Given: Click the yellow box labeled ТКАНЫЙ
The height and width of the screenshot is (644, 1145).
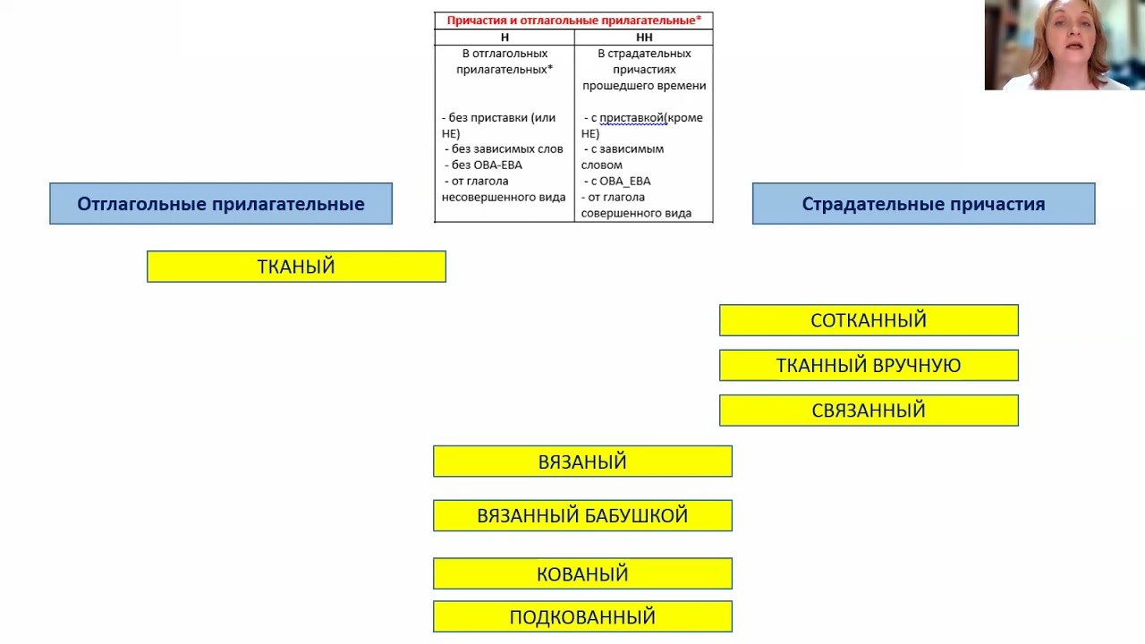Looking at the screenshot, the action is [296, 267].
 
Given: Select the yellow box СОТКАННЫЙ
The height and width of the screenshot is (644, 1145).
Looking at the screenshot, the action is [869, 320].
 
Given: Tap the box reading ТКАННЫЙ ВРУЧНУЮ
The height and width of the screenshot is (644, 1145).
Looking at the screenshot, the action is [869, 365].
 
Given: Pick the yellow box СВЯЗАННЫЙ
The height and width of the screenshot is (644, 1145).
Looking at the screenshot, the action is [869, 411].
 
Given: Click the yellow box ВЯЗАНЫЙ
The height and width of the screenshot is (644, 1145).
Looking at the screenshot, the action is [582, 462].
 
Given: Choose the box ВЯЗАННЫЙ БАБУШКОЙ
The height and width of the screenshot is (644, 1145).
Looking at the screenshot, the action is [582, 516].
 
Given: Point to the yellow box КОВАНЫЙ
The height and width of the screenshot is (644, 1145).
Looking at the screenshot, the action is [582, 574].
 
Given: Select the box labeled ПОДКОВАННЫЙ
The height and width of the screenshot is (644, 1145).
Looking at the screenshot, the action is [582, 617].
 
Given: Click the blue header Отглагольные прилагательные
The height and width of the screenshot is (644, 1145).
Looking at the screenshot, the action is [221, 204].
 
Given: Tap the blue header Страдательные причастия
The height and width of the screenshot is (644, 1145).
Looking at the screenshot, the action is [923, 204].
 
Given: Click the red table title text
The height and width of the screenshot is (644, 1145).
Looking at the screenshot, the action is [573, 21].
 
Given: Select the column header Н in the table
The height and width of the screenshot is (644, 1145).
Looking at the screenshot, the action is [505, 38].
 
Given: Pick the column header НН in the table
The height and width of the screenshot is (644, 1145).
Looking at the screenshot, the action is [644, 38].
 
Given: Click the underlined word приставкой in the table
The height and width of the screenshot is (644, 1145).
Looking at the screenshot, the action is [632, 118].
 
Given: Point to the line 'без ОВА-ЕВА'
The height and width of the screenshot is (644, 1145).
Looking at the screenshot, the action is [487, 165].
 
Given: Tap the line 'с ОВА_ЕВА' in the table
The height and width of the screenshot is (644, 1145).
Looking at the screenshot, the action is [620, 182].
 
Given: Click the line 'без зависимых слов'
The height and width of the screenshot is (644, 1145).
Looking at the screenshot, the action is [507, 149].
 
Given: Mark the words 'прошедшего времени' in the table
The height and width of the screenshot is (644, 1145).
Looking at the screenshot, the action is [644, 86].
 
